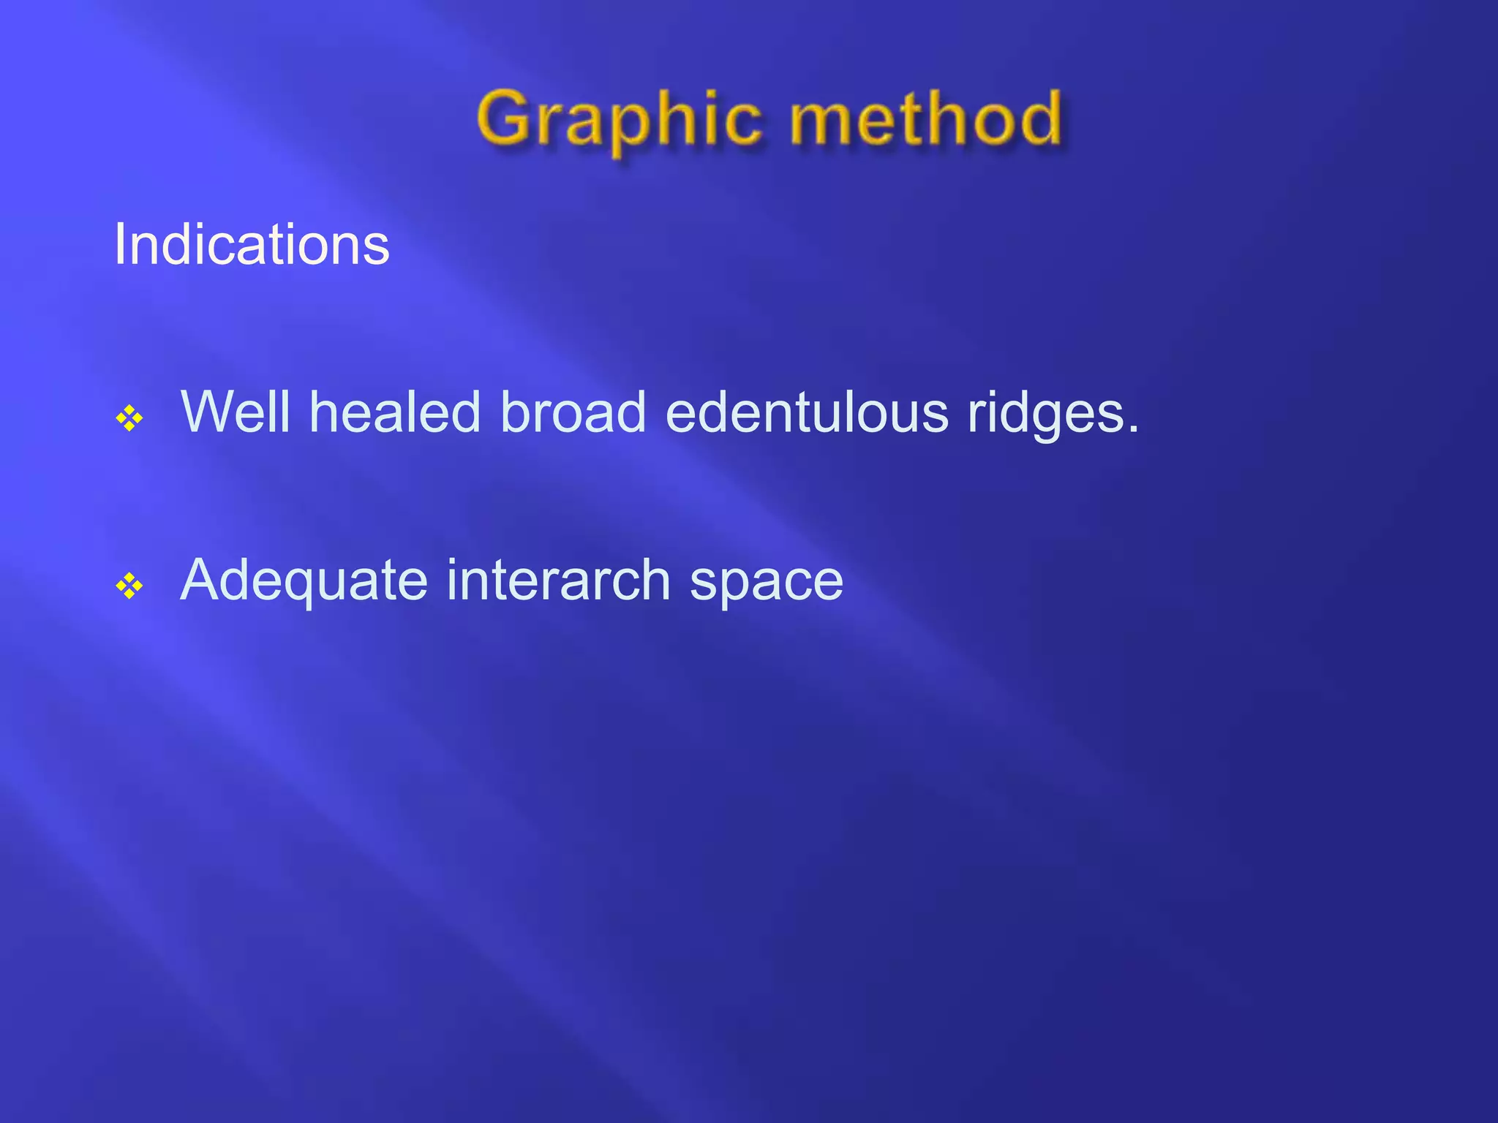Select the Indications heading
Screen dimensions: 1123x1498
pos(252,244)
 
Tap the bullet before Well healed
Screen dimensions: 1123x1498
pos(129,419)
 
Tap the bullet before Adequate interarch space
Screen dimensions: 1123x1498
pos(129,586)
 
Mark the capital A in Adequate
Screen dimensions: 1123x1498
pos(200,580)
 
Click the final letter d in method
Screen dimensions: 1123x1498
pos(1038,117)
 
